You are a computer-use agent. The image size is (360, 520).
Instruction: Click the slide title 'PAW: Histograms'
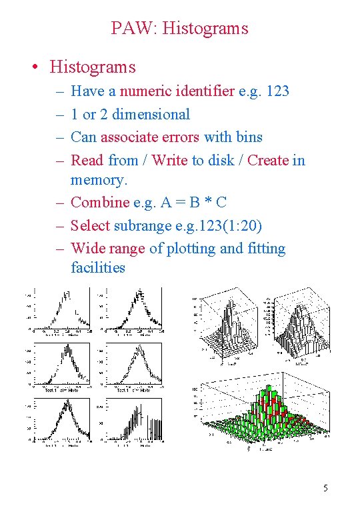tap(179, 29)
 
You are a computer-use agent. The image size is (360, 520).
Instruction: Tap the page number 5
tap(325, 489)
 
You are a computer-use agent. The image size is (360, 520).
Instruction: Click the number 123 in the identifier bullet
tap(277, 91)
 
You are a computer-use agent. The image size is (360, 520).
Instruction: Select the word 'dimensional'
tap(151, 114)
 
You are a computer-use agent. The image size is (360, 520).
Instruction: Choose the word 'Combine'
tap(100, 202)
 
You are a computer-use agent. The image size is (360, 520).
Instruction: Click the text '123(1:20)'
tap(233, 225)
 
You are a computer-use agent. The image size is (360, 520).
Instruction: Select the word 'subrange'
tap(143, 225)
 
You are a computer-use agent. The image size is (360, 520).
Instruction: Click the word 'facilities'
tap(98, 267)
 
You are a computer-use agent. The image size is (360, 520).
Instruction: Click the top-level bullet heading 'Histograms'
tap(92, 67)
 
